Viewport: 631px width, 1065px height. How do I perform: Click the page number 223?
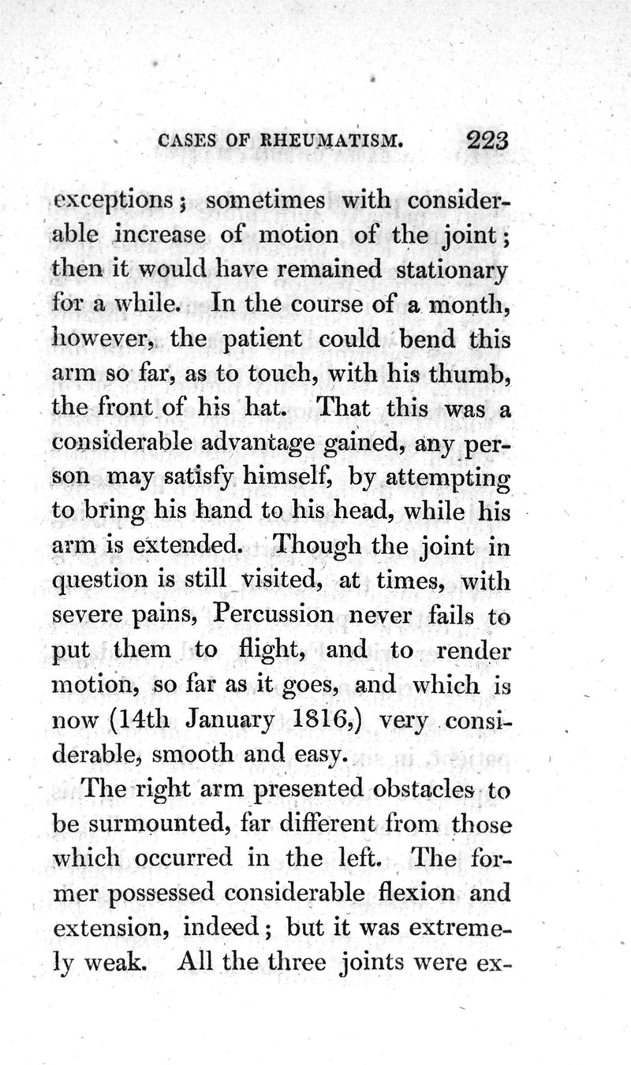(488, 140)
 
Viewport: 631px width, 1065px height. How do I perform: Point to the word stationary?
(450, 270)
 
